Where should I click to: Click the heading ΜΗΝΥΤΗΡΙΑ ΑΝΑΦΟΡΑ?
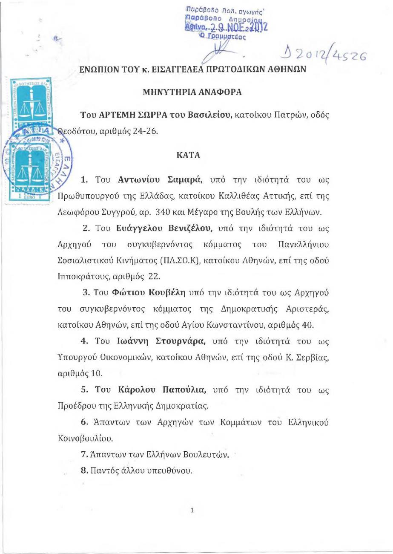pyautogui.click(x=192, y=92)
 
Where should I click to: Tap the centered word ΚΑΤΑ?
pyautogui.click(x=188, y=155)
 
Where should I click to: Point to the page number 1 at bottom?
pyautogui.click(x=192, y=510)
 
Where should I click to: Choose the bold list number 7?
pyautogui.click(x=84, y=454)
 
